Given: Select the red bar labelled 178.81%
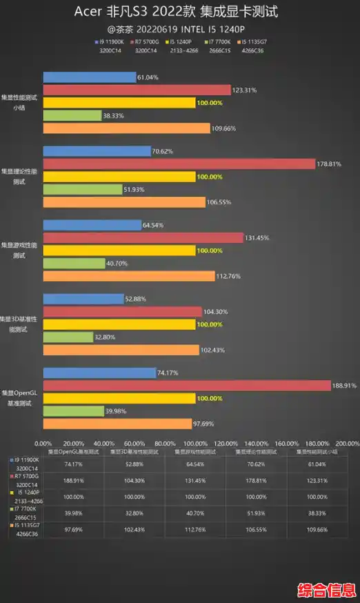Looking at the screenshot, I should pos(178,164).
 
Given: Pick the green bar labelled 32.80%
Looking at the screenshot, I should pos(68,337).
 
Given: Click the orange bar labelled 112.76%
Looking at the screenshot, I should pos(129,276).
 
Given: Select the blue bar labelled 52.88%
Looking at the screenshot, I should pos(83,299).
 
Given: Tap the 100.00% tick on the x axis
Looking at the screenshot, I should pos(195,444).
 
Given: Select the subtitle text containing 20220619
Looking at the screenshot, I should pos(180,29).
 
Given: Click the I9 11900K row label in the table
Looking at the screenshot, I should pos(26,464).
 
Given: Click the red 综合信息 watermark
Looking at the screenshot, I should pos(326,591).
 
